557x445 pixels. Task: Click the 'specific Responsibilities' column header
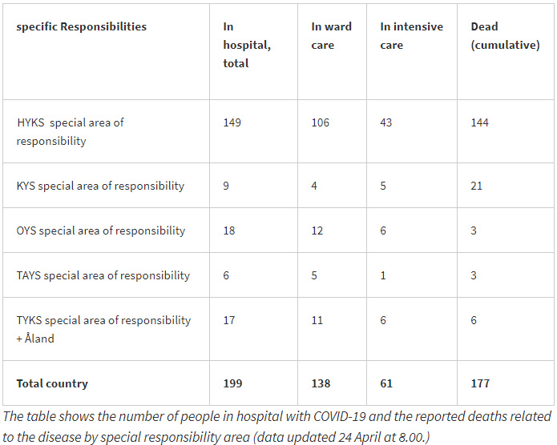(82, 26)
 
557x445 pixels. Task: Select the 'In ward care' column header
(331, 35)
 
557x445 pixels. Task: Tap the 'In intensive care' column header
(411, 35)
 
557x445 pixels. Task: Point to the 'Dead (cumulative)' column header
(505, 35)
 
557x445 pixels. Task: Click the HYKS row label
(71, 131)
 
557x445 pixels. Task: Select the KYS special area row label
(100, 186)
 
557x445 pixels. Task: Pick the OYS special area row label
(100, 231)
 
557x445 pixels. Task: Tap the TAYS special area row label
(103, 275)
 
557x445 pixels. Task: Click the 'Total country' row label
(52, 383)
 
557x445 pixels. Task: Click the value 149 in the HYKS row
(232, 122)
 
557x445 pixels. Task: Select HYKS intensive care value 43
(388, 122)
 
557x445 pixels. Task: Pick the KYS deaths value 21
(478, 186)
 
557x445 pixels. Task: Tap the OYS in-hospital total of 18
(230, 231)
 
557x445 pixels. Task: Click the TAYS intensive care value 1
(383, 275)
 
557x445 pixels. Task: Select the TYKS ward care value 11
(317, 320)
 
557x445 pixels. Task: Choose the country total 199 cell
(233, 383)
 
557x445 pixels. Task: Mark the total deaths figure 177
(481, 383)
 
